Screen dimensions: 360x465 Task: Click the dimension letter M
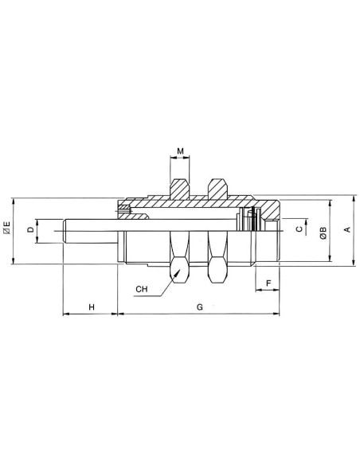point(180,151)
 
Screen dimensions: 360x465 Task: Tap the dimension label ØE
point(6,228)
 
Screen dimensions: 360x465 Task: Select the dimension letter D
point(30,229)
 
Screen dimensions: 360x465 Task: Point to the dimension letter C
point(299,229)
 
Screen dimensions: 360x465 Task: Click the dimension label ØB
point(323,232)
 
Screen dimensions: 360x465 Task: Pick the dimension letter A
point(347,229)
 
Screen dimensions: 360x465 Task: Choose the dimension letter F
point(268,283)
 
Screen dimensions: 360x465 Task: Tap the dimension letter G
point(200,307)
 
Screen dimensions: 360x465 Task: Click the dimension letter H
point(92,307)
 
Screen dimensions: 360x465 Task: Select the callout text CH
point(142,289)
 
